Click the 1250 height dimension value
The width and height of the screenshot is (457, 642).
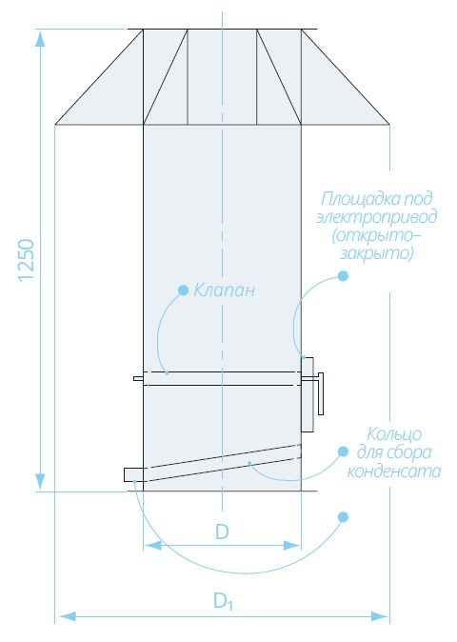[x=26, y=260]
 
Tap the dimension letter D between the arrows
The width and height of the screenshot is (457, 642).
[x=222, y=532]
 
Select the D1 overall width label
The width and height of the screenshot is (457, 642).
[x=223, y=601]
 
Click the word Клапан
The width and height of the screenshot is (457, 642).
[x=224, y=291]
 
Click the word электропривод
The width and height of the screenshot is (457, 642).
[x=376, y=216]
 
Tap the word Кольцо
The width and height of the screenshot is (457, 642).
[x=394, y=434]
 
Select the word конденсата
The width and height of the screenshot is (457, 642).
[x=394, y=471]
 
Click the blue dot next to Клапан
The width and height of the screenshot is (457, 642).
[x=184, y=291]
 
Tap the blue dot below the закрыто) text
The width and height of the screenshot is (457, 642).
[x=343, y=276]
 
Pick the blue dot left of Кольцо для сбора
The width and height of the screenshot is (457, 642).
[x=343, y=452]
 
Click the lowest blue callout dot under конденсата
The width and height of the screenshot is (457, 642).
[x=344, y=516]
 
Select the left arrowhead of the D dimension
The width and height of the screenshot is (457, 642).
[x=152, y=546]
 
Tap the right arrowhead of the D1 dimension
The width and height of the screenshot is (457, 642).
[x=380, y=616]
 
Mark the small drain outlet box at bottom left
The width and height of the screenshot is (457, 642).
[x=133, y=474]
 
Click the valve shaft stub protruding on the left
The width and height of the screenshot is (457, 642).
[x=138, y=379]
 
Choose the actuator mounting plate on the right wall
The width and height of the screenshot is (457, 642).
[x=308, y=394]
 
